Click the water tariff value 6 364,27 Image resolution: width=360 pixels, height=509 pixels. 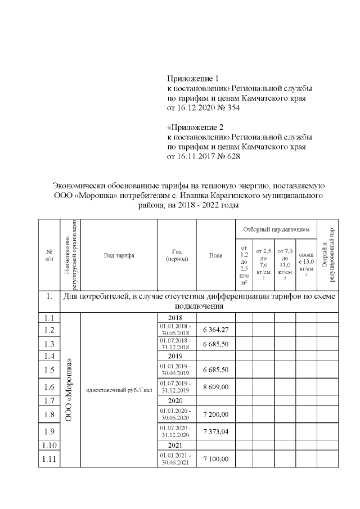coord(216,330)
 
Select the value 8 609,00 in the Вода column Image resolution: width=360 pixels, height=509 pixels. coord(216,388)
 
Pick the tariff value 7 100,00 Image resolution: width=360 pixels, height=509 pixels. coord(216,459)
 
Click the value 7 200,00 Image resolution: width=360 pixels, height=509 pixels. coord(216,415)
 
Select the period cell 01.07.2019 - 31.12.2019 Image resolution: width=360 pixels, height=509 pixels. coord(177,387)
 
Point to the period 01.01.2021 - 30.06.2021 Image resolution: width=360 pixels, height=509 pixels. coord(177,459)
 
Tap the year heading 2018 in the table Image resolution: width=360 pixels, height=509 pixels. coord(177,318)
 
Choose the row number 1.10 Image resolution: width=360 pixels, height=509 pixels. coord(49,445)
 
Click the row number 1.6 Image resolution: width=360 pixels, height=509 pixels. coord(49,387)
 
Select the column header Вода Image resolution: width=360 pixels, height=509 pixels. coord(216,255)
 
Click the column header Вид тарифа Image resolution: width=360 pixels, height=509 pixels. coord(119,255)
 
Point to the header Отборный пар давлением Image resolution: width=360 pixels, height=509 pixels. coord(276,230)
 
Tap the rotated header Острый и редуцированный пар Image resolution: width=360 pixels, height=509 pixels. coord(328,255)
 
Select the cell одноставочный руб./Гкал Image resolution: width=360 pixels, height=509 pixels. coord(119,390)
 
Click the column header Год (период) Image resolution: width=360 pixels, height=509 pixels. coord(177,255)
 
